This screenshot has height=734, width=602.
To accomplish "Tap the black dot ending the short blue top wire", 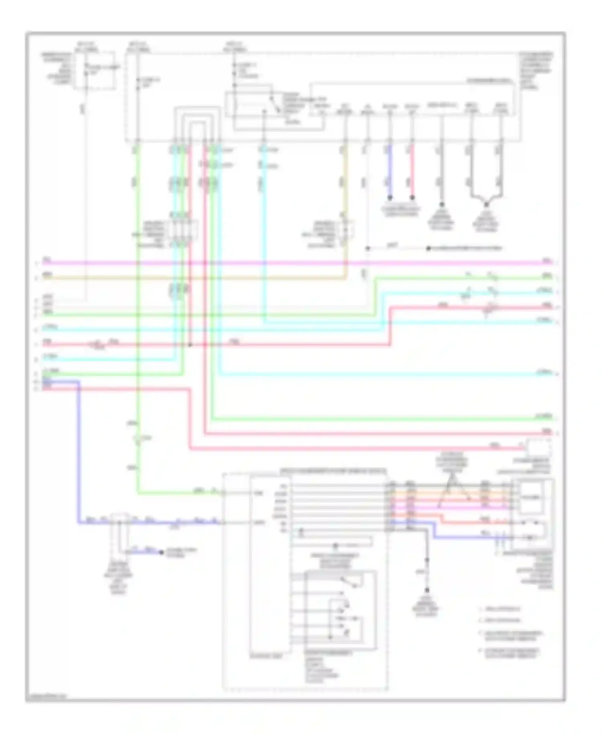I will (389, 198).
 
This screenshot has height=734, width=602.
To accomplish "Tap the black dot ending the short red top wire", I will (412, 198).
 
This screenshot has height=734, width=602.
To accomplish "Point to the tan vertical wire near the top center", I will (346, 181).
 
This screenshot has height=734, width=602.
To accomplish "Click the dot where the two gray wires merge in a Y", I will (486, 204).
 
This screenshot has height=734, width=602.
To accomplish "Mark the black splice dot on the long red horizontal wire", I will (190, 345).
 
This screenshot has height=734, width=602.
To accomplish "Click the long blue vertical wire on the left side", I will (78, 454).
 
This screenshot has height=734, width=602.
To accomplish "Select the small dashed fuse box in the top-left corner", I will (100, 71).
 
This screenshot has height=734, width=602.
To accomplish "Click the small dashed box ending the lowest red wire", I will (539, 447).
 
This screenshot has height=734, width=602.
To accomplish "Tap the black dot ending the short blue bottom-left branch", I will (161, 552).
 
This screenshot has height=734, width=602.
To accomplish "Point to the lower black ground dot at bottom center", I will (427, 590).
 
